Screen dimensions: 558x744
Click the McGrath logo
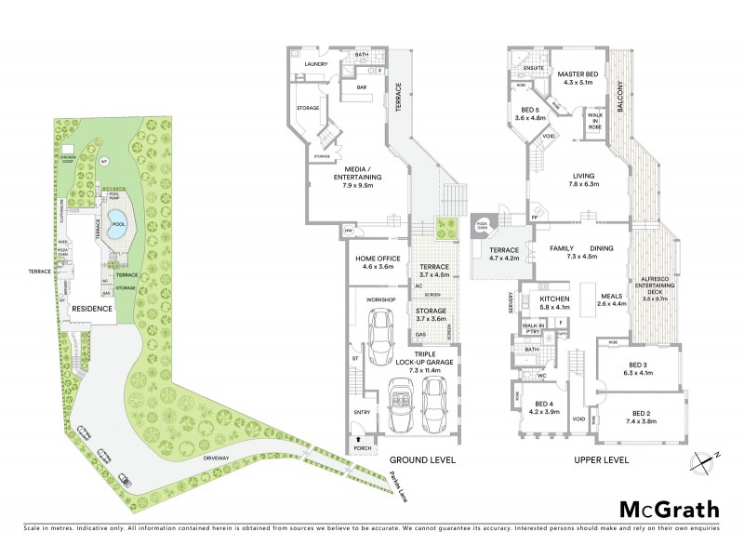click(x=669, y=509)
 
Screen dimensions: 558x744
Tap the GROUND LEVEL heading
click(x=422, y=459)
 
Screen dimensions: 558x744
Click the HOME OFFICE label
click(x=377, y=262)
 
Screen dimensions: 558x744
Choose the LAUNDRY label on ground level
click(x=319, y=63)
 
